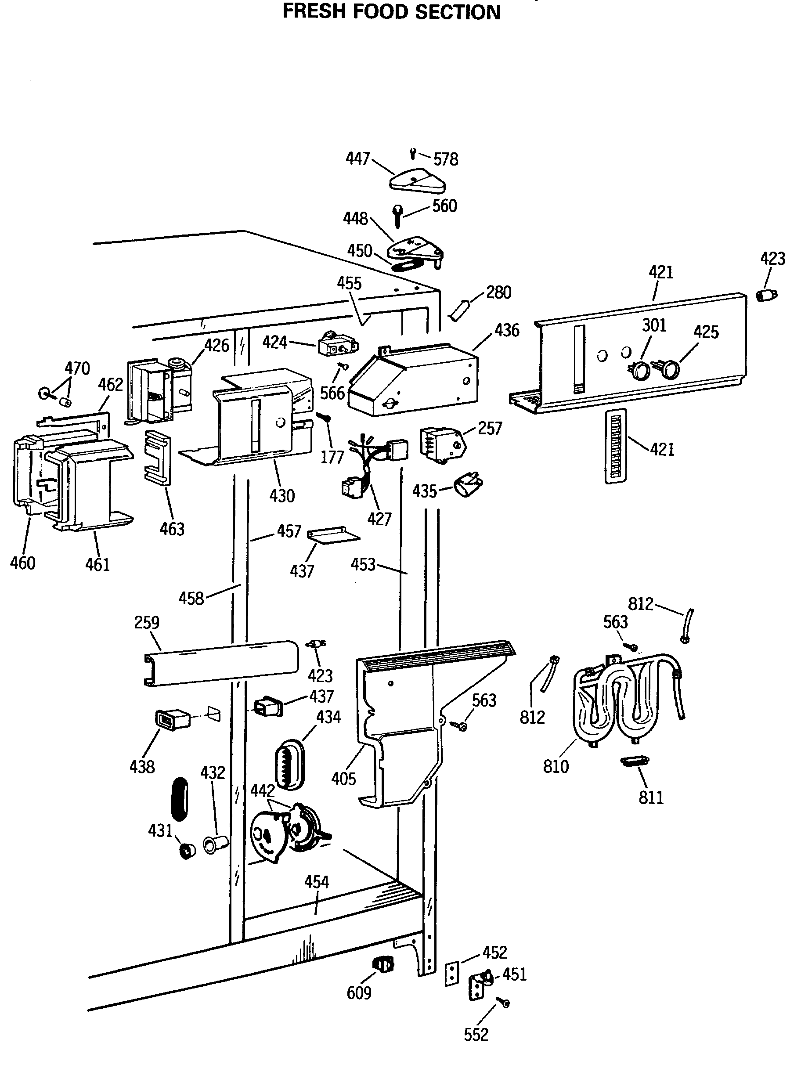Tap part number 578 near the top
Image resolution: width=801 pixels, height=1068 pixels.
pos(445,159)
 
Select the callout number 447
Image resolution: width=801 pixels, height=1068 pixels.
pos(358,159)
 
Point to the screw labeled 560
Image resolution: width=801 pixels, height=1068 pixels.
pos(397,216)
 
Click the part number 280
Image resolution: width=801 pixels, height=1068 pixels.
pos(499,292)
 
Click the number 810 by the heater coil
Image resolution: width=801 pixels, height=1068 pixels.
pos(556,766)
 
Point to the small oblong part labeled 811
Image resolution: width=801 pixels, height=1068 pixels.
pos(634,761)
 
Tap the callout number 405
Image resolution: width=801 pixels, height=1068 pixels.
pos(343,778)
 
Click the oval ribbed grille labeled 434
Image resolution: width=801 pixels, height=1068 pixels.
pos(289,765)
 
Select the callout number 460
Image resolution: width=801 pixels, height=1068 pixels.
pos(23,563)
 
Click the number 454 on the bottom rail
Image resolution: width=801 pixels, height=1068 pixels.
pos(316,882)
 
